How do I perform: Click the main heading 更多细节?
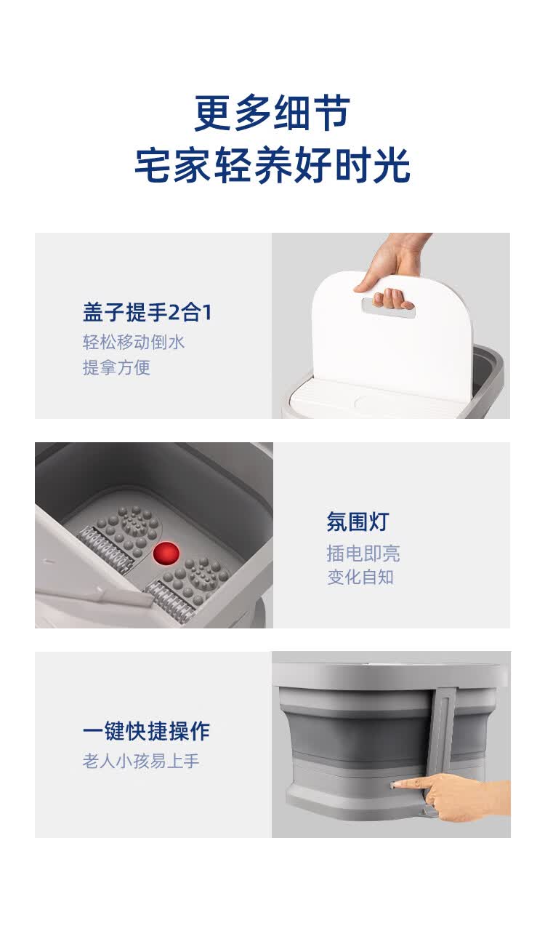pos(272,113)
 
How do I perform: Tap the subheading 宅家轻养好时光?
pos(272,165)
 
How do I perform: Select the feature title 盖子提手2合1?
pos(148,312)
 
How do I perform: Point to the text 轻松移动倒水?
pos(133,342)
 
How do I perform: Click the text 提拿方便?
pos(116,367)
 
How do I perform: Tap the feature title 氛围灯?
pos(358,522)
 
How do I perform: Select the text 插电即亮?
pos(363,554)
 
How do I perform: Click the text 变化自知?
pos(360,577)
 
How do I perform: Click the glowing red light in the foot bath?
pos(166,554)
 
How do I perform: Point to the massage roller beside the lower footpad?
pos(169,599)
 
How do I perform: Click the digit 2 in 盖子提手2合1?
pos(175,313)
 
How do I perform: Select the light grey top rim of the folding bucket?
pos(389,676)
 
